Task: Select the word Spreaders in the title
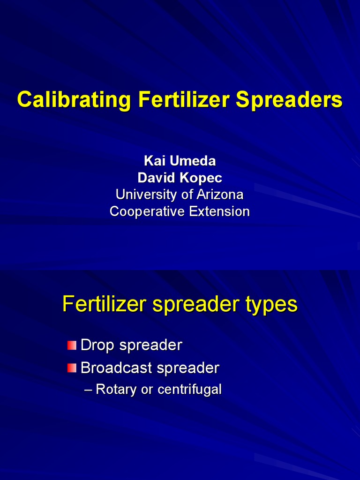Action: point(289,100)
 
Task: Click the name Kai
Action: point(155,161)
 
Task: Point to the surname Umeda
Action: point(193,161)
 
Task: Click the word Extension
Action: point(219,211)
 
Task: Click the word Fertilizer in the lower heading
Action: point(105,304)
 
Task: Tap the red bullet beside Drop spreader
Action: point(71,346)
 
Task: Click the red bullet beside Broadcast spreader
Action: point(71,368)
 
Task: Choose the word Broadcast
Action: point(117,368)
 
